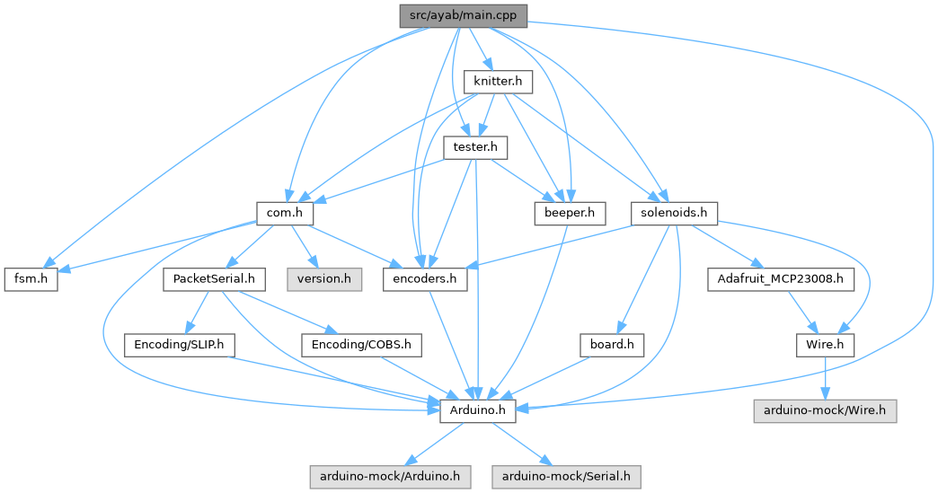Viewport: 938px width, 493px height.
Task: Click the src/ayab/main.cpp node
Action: (x=463, y=14)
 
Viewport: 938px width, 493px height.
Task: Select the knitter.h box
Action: (x=499, y=82)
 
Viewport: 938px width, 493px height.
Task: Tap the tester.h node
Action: (x=481, y=146)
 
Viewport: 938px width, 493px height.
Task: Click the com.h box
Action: (x=284, y=213)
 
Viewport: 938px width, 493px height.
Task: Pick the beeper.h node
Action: (x=569, y=213)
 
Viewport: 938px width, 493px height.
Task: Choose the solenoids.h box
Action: (x=675, y=213)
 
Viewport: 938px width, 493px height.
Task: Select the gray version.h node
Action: (x=324, y=278)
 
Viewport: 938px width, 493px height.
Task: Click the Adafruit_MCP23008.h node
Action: (x=780, y=278)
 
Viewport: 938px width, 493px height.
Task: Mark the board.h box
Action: (x=612, y=345)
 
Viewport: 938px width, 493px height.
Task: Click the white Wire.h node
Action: (x=824, y=345)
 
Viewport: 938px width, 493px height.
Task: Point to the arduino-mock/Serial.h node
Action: (x=566, y=476)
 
